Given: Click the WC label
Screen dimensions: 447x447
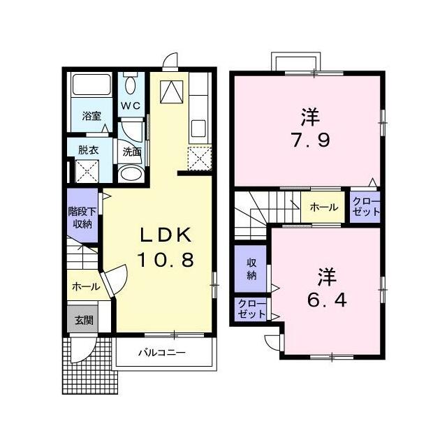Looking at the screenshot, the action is coord(131,106).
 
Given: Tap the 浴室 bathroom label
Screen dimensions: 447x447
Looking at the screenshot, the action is coord(91,117).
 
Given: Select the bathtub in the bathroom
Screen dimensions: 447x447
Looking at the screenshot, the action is coord(91,85).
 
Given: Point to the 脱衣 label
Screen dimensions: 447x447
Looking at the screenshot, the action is coord(89,150).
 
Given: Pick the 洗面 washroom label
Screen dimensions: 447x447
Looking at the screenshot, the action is coord(132,152).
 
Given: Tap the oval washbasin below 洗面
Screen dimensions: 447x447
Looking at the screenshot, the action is coord(131,174).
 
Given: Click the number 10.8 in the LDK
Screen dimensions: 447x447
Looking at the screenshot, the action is coord(166,260).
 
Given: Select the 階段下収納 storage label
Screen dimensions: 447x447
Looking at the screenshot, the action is coord(82,217).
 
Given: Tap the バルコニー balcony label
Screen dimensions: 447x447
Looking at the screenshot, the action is coord(162,353).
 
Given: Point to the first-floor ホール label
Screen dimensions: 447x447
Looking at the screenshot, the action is coord(86,286).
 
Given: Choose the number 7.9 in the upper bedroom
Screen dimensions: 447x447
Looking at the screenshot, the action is coord(310,140).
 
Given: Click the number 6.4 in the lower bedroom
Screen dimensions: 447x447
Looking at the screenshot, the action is coord(327,300).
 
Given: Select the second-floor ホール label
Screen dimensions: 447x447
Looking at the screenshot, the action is coord(324,207).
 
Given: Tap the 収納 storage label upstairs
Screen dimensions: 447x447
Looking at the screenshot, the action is coord(251,269).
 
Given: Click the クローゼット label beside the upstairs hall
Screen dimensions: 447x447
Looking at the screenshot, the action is coord(366,207).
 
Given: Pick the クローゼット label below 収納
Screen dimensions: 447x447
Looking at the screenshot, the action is coord(251,309).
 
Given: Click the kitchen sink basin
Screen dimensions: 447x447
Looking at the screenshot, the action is coord(198,129).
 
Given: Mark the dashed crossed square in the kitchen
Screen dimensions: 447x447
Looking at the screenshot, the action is coord(199,159).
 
